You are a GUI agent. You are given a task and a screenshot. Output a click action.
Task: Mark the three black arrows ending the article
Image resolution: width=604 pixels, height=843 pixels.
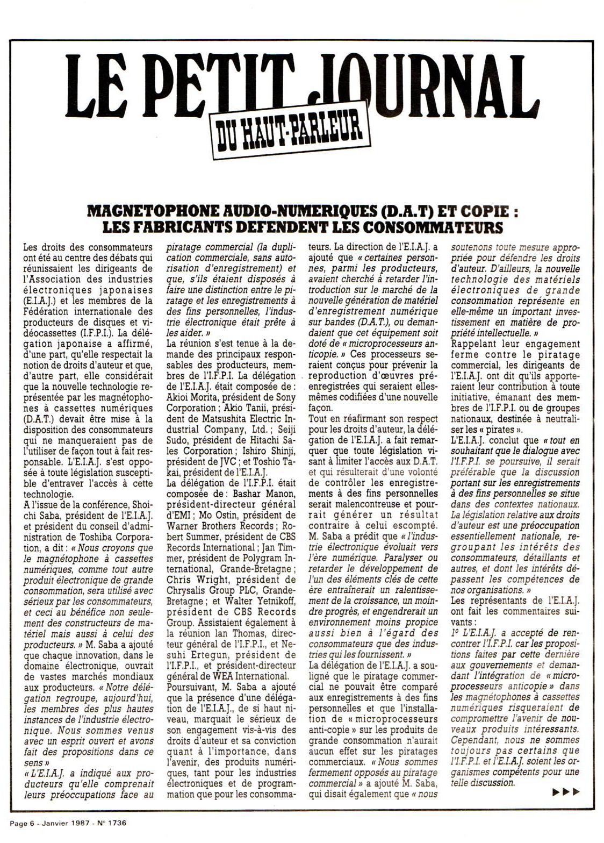[x=566, y=791]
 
